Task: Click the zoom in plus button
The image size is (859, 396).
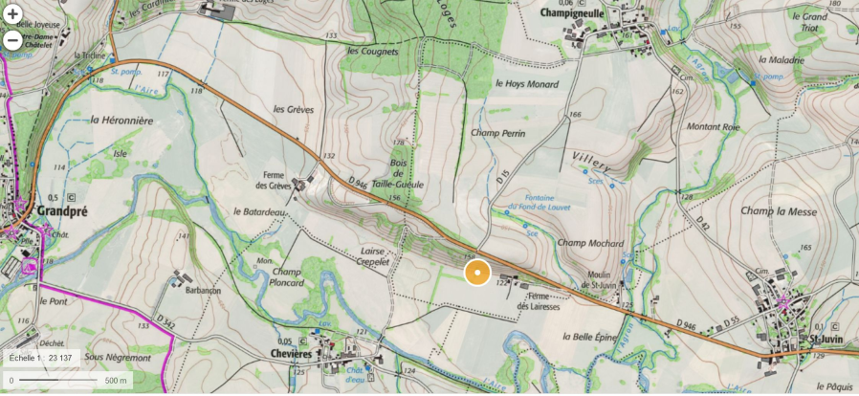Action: [12, 14]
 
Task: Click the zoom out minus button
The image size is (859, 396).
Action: [12, 40]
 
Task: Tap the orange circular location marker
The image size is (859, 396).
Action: [477, 273]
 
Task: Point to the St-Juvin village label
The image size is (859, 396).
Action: [824, 339]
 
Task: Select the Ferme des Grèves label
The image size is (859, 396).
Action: [273, 180]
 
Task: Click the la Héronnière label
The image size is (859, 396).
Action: [121, 121]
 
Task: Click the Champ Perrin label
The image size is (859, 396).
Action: [497, 134]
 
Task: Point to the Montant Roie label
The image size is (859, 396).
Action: [713, 126]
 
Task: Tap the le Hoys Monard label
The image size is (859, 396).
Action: [526, 83]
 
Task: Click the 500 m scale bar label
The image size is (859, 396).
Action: [116, 381]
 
